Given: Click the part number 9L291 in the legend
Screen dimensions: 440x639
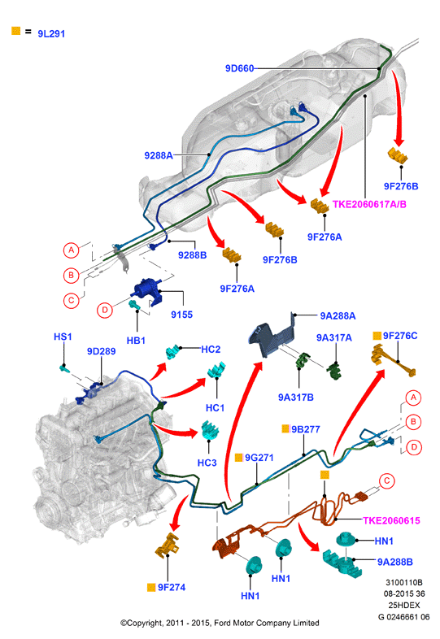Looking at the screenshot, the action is tap(51, 34).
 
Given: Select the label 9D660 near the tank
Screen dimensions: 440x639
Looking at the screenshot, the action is tap(240, 68).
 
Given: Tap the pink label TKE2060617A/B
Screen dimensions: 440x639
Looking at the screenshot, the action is tap(369, 204).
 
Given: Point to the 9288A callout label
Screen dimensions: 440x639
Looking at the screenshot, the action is tap(159, 155).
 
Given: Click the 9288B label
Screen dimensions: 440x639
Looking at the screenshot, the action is tap(193, 255).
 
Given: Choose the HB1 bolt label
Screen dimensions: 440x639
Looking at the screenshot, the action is tap(136, 341).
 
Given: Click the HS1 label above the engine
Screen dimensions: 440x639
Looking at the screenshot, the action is tap(63, 337).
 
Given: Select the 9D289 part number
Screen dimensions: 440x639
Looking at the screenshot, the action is tap(101, 351).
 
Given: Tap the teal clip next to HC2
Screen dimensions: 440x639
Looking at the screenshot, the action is tap(173, 352).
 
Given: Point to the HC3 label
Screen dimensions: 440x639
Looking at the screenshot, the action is tap(207, 463).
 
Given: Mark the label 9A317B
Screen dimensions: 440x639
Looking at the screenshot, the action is tap(296, 398).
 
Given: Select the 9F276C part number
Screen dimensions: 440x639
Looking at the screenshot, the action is tap(400, 336).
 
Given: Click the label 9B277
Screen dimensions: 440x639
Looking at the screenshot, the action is tap(306, 429).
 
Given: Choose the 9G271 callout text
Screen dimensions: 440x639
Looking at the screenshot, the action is tap(259, 458).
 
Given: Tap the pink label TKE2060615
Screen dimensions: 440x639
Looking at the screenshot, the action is tap(391, 520).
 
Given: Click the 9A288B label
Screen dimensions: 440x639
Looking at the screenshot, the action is tap(394, 562).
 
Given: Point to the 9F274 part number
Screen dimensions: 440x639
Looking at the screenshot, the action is tap(172, 587).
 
